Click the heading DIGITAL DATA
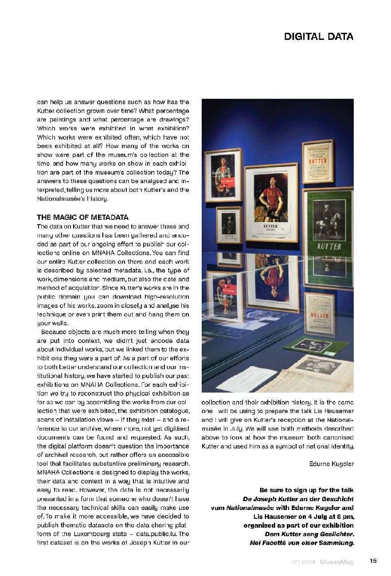click(319, 37)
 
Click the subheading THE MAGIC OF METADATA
click(82, 217)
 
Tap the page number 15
click(373, 561)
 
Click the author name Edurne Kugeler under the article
click(331, 463)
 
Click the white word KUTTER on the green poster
click(329, 246)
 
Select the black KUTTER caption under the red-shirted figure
click(270, 226)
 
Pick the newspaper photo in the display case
click(317, 366)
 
